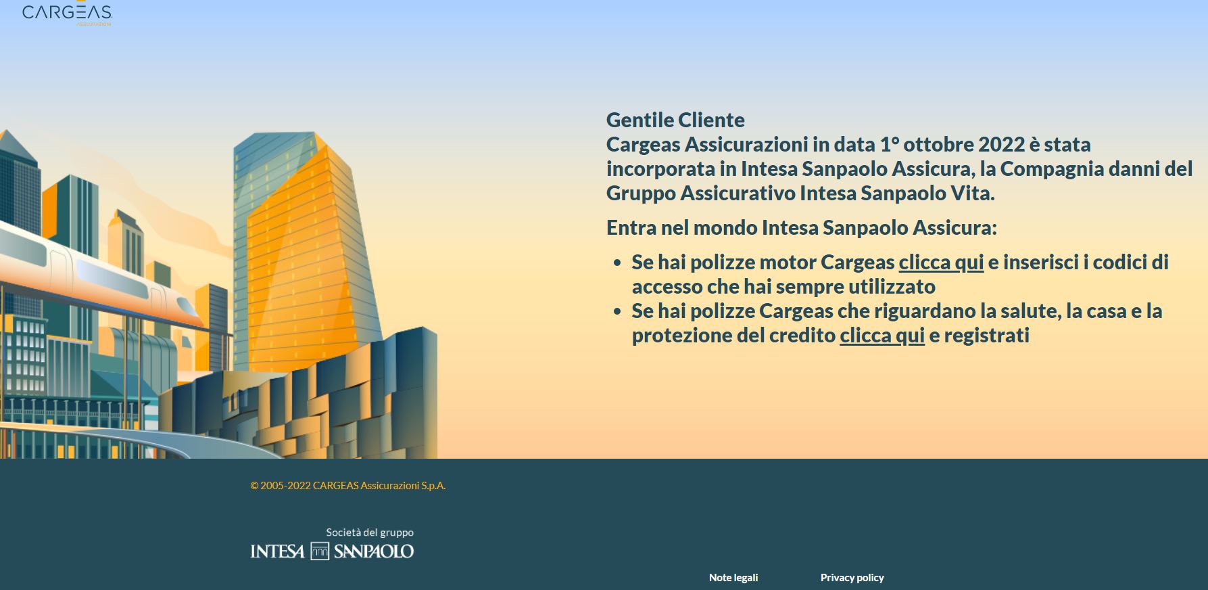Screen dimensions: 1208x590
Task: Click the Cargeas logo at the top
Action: pos(67,14)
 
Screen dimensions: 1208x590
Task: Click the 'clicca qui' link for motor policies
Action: pos(941,263)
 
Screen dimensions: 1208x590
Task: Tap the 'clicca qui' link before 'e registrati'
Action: pos(882,336)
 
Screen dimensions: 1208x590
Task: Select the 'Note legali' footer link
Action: pos(733,578)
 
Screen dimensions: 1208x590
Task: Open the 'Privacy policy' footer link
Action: pos(852,578)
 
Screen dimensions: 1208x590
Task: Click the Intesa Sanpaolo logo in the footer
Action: pos(332,551)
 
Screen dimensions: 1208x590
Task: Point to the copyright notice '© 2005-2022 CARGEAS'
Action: pos(347,486)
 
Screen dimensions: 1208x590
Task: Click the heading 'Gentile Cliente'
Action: pos(675,120)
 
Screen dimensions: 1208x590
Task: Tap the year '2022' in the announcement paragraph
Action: pos(1001,145)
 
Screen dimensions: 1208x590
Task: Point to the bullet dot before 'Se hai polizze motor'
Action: pos(617,263)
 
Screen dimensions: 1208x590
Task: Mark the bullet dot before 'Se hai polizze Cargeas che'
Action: pos(617,311)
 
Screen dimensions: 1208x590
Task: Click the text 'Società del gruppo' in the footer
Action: pos(370,532)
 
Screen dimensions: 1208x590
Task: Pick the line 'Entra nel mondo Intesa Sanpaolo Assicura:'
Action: pos(801,228)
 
